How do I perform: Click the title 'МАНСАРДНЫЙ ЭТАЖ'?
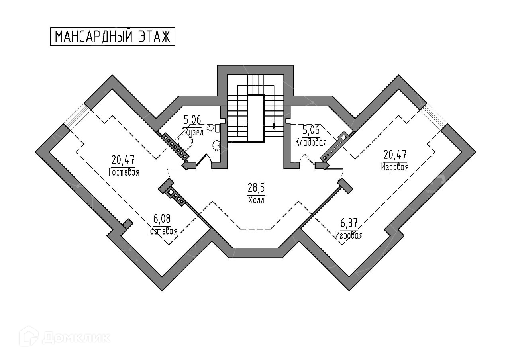pos(113,37)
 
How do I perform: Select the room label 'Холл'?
pos(256,200)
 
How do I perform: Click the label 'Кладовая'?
pos(311,142)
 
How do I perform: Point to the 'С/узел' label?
pos(192,132)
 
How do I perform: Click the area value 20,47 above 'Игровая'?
pos(395,154)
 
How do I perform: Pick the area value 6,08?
pos(162,219)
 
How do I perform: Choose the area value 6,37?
pos(349,223)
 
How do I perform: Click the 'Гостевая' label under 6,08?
pos(162,231)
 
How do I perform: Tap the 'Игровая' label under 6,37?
pos(349,235)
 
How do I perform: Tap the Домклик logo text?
pos(76,338)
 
